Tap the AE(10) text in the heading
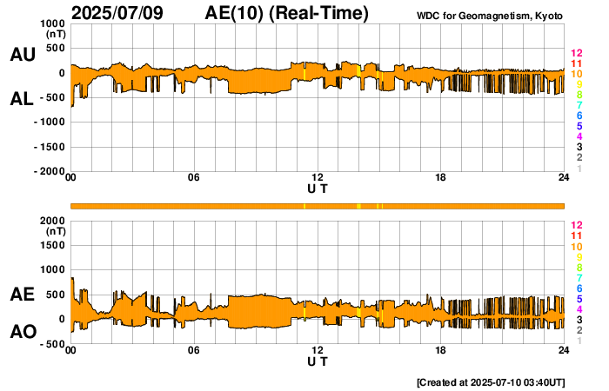(232, 13)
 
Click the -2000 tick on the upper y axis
(48, 172)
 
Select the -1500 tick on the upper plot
(48, 147)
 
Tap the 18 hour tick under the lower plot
(441, 350)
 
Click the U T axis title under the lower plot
(318, 361)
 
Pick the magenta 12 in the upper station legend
(577, 54)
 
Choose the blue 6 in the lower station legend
(579, 288)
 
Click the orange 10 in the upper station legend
(577, 74)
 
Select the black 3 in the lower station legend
(579, 319)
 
